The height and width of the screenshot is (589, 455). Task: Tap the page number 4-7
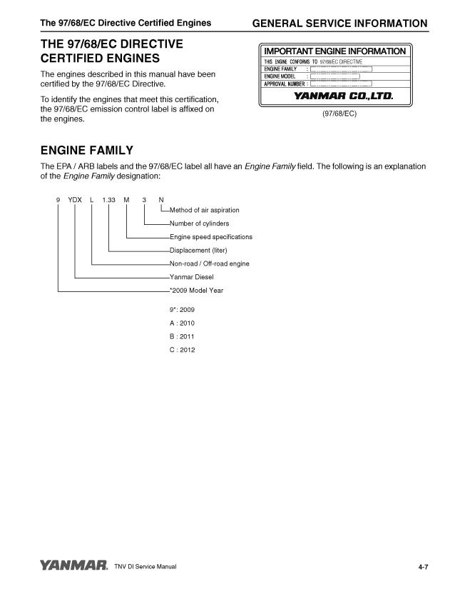[x=423, y=567]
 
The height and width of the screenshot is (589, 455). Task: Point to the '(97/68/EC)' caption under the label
[x=334, y=113]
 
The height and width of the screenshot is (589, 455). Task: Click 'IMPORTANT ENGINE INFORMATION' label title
[x=334, y=51]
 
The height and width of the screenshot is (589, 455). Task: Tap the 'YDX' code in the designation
[x=75, y=199]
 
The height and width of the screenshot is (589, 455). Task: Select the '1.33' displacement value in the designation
[x=109, y=199]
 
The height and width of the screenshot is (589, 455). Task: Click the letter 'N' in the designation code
[x=161, y=199]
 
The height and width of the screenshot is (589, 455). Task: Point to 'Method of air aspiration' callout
[x=205, y=210]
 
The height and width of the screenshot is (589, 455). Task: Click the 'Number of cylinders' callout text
[x=199, y=223]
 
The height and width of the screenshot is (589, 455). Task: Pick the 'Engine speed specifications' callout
[x=211, y=237]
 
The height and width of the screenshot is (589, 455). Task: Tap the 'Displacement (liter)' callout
[x=198, y=251]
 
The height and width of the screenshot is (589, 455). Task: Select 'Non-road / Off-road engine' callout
[x=209, y=264]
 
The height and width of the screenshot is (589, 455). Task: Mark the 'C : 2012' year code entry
[x=183, y=350]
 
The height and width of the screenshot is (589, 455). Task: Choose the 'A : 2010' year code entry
[x=183, y=323]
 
